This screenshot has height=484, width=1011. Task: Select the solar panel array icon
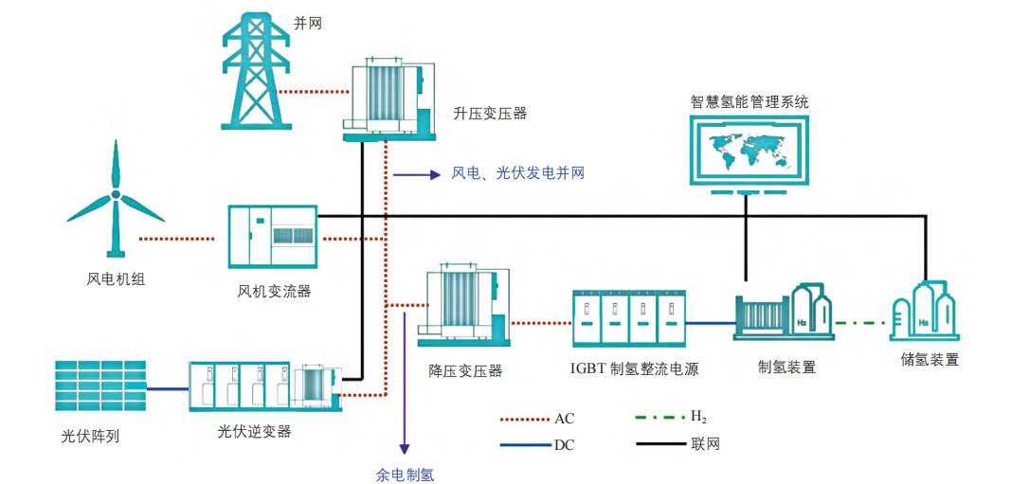click(x=100, y=387)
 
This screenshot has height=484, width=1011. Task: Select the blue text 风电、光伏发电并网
click(x=517, y=172)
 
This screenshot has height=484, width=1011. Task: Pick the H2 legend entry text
click(x=697, y=416)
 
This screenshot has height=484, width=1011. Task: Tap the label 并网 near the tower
click(x=308, y=23)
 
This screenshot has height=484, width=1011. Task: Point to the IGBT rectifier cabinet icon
click(x=627, y=318)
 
